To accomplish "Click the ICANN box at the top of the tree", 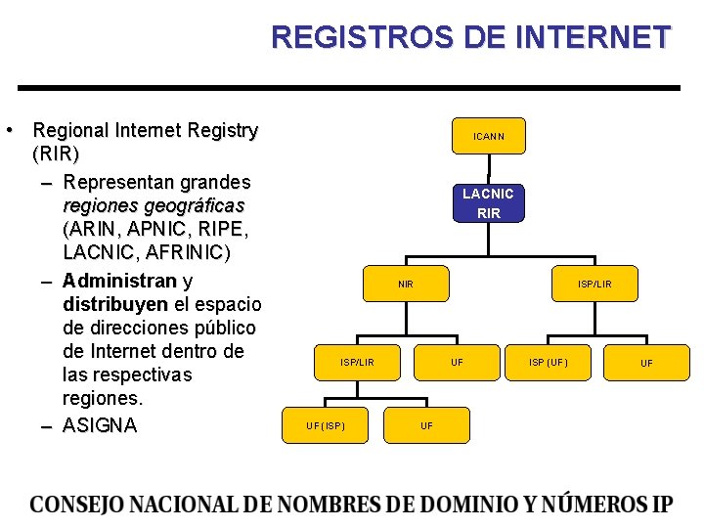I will point(488,136).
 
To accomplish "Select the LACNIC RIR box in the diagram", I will point(488,203).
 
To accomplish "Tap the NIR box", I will point(405,285).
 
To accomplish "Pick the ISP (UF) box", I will point(548,363).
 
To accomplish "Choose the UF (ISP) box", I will point(326,425).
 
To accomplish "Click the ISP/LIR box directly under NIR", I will point(357,363).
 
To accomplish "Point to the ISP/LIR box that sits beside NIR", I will point(594,285).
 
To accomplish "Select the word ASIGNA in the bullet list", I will point(100,425).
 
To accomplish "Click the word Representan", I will point(118,182).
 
